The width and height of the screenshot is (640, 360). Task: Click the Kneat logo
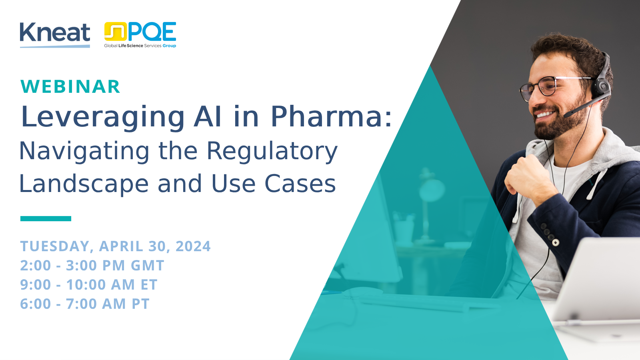55,35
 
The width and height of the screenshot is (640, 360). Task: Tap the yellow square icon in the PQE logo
116,32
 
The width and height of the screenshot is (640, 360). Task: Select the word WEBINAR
70,86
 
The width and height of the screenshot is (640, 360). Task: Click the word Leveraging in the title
103,118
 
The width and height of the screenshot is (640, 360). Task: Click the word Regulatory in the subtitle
272,152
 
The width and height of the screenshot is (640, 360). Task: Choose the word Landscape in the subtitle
84,184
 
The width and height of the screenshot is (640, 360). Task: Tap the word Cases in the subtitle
300,184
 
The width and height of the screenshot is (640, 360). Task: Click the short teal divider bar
46,218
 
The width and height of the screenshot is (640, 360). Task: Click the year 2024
193,246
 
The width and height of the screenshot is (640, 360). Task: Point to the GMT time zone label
148,266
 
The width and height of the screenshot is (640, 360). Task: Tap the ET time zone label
149,284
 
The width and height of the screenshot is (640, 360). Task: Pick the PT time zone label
140,304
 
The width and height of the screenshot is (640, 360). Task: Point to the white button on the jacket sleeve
556,243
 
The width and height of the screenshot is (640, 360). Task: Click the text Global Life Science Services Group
140,46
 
